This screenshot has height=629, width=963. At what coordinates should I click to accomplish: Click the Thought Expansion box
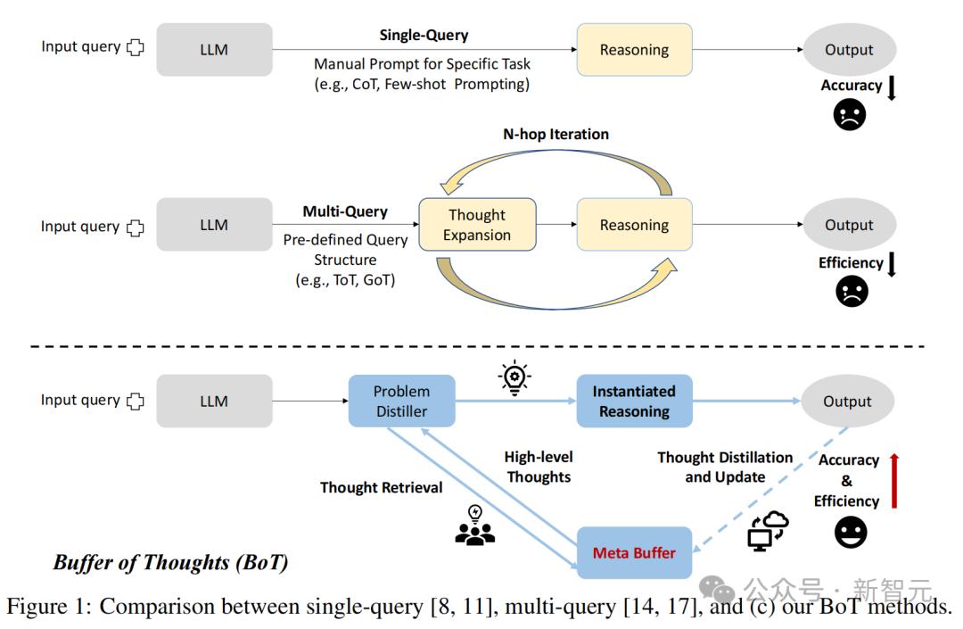pos(477,225)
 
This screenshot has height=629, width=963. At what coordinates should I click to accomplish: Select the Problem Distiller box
pos(401,401)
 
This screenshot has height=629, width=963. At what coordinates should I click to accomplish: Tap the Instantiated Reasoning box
pos(634,401)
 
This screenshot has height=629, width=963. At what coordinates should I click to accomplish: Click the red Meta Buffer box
pos(634,552)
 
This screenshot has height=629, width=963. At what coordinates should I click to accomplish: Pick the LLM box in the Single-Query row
pos(214,50)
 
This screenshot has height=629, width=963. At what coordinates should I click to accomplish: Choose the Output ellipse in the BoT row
pos(847,401)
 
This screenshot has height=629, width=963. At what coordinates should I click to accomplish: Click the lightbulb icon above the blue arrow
pos(514,377)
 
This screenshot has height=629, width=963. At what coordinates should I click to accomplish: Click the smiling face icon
pos(851,533)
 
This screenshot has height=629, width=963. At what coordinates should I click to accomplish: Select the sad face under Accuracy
pos(850,115)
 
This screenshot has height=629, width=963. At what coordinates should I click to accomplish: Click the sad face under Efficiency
pos(852,292)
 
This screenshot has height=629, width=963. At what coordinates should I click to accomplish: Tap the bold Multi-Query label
pos(345,211)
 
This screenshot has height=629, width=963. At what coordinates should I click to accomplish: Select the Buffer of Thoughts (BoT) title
pos(169,562)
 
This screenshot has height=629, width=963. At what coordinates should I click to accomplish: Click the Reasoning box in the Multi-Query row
pos(634,225)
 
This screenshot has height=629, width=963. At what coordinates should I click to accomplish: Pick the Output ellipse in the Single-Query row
pos(848,50)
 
